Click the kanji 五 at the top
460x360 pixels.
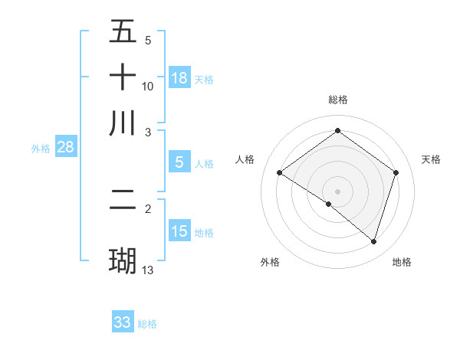click(x=123, y=32)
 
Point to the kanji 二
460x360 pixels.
click(x=123, y=201)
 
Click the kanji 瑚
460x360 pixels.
click(x=123, y=260)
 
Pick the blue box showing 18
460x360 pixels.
click(x=179, y=78)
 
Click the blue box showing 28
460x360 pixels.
click(x=65, y=147)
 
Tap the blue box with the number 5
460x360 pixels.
click(x=179, y=162)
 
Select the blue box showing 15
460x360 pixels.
click(x=179, y=231)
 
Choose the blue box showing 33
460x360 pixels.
click(x=123, y=322)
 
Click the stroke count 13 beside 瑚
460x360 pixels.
click(x=148, y=270)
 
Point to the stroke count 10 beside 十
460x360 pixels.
click(x=148, y=86)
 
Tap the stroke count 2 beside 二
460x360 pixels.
click(x=148, y=208)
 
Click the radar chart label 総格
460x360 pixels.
click(x=337, y=100)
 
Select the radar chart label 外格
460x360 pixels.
click(x=270, y=262)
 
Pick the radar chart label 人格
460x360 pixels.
click(x=245, y=159)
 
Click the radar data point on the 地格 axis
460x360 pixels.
click(x=373, y=242)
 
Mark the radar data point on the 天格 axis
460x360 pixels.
click(x=396, y=173)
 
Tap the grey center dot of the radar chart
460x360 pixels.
click(x=337, y=191)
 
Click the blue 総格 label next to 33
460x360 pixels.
click(x=147, y=324)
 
